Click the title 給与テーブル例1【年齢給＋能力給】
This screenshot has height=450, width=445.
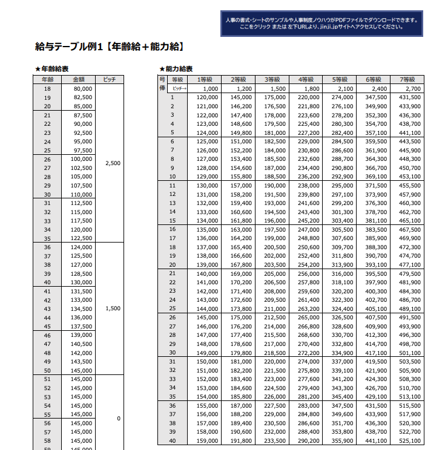[x=110, y=46]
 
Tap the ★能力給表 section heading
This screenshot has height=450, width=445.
[x=176, y=69]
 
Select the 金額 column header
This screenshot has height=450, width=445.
[x=79, y=79]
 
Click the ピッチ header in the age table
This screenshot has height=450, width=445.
[x=110, y=79]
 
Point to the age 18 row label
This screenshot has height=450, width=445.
[x=48, y=88]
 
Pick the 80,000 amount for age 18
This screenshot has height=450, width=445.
[x=82, y=88]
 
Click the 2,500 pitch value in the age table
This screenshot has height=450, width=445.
[x=113, y=163]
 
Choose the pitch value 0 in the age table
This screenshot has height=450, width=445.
[x=119, y=419]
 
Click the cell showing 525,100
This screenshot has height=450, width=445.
[x=410, y=441]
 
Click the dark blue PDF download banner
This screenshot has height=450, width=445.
[x=321, y=24]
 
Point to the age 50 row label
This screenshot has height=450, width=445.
[x=48, y=370]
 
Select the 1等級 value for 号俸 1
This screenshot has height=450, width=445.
[x=207, y=97]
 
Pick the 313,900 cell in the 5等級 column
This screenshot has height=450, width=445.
[x=342, y=264]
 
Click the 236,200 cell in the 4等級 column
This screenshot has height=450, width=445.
[x=308, y=176]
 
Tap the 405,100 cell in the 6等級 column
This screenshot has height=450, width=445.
[x=376, y=308]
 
